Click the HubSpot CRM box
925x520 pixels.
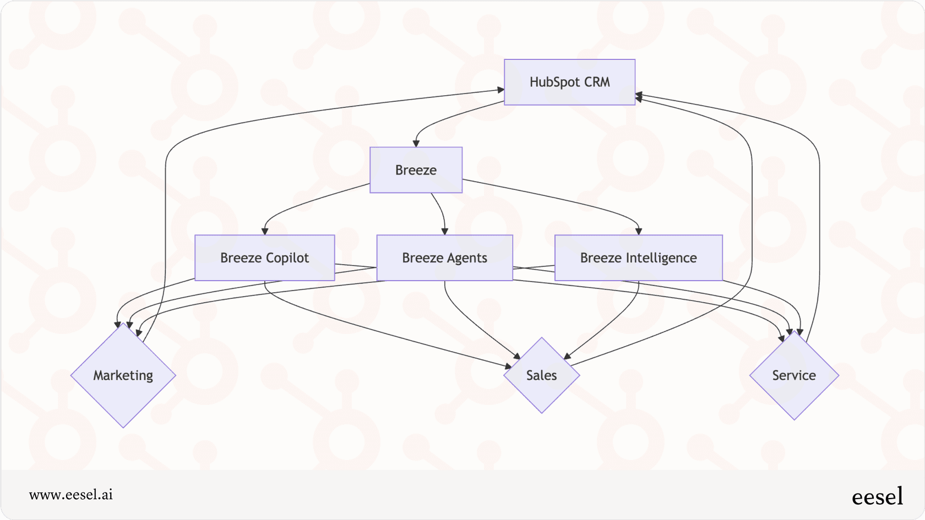tap(569, 82)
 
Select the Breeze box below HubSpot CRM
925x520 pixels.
tap(416, 170)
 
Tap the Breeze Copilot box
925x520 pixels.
tap(264, 258)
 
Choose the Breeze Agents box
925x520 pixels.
tap(444, 258)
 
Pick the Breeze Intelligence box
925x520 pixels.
tap(638, 258)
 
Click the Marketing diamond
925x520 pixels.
tap(123, 375)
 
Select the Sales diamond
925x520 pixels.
tap(542, 375)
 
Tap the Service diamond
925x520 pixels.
tap(794, 375)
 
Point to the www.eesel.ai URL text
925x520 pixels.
tap(71, 495)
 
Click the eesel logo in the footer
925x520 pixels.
tap(877, 496)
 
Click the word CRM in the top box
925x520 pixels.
tap(597, 82)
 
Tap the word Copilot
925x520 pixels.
tap(287, 258)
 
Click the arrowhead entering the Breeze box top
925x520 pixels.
tap(416, 144)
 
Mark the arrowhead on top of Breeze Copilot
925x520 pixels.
tap(265, 232)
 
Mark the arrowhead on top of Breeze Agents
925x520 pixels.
tap(445, 232)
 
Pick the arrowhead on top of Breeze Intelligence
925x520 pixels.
tap(639, 232)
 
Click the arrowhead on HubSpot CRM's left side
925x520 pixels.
tap(501, 90)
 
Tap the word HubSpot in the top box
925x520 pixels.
tap(555, 82)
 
